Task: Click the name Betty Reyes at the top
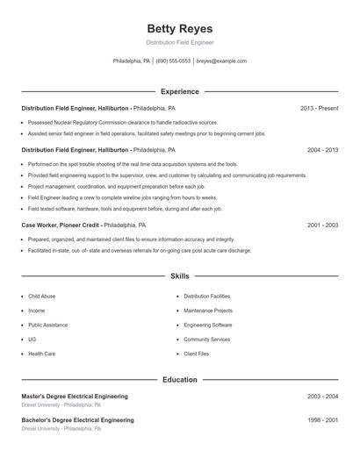pyautogui.click(x=179, y=28)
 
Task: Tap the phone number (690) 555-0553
pyautogui.click(x=174, y=61)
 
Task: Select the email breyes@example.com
pyautogui.click(x=221, y=61)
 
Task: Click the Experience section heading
pyautogui.click(x=179, y=91)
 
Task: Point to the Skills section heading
pyautogui.click(x=179, y=275)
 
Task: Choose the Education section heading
pyautogui.click(x=179, y=379)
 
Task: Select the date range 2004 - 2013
pyautogui.click(x=322, y=150)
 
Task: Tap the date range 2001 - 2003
pyautogui.click(x=322, y=225)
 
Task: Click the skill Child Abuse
pyautogui.click(x=41, y=297)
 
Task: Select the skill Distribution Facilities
pyautogui.click(x=207, y=297)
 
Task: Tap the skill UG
pyautogui.click(x=32, y=339)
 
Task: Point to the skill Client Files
pyautogui.click(x=197, y=353)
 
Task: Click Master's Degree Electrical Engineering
pyautogui.click(x=75, y=397)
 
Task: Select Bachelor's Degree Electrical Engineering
pyautogui.click(x=77, y=420)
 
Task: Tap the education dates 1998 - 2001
pyautogui.click(x=322, y=420)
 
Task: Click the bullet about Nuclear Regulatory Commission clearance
pyautogui.click(x=122, y=123)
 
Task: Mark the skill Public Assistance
pyautogui.click(x=47, y=325)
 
